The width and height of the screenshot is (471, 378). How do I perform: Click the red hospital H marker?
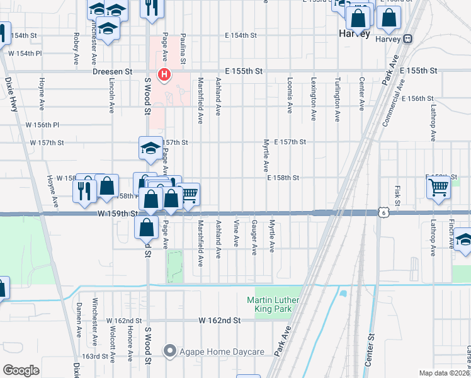164,75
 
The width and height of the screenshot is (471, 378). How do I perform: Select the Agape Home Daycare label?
211,350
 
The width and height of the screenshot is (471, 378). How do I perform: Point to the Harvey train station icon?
408,38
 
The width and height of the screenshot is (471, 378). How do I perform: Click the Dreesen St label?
112,72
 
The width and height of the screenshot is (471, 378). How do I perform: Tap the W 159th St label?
117,214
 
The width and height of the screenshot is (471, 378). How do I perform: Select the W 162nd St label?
220,321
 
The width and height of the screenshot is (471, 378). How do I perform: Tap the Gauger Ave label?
254,238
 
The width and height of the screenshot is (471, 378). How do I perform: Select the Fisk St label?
398,195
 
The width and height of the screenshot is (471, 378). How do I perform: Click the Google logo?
21,370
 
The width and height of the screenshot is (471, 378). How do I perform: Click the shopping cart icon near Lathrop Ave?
438,186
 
